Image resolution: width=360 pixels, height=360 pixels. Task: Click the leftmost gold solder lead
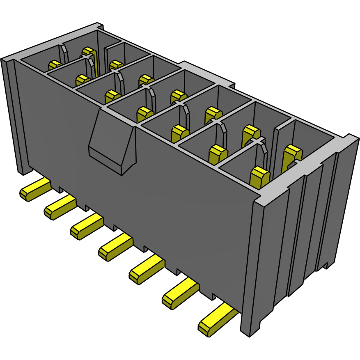click(x=35, y=190)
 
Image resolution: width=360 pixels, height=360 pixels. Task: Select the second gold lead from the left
click(x=60, y=207)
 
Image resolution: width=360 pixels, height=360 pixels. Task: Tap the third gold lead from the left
click(x=86, y=227)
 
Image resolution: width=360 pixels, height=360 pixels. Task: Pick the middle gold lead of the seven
click(x=115, y=248)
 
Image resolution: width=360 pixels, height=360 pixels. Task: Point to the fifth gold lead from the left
click(x=146, y=270)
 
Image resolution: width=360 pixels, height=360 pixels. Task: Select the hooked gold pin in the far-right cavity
click(x=292, y=156)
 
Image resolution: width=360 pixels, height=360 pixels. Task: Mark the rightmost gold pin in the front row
click(x=259, y=177)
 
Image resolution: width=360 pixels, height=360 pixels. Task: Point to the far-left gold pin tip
click(x=54, y=65)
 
